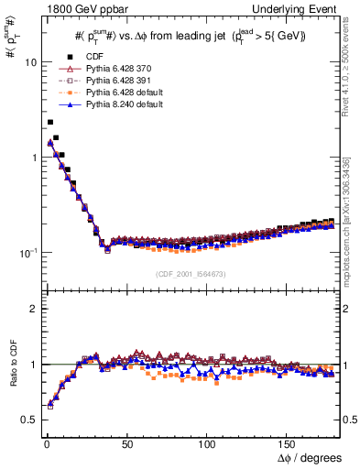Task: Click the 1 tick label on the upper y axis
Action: point(31,158)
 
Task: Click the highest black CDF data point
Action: point(50,122)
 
